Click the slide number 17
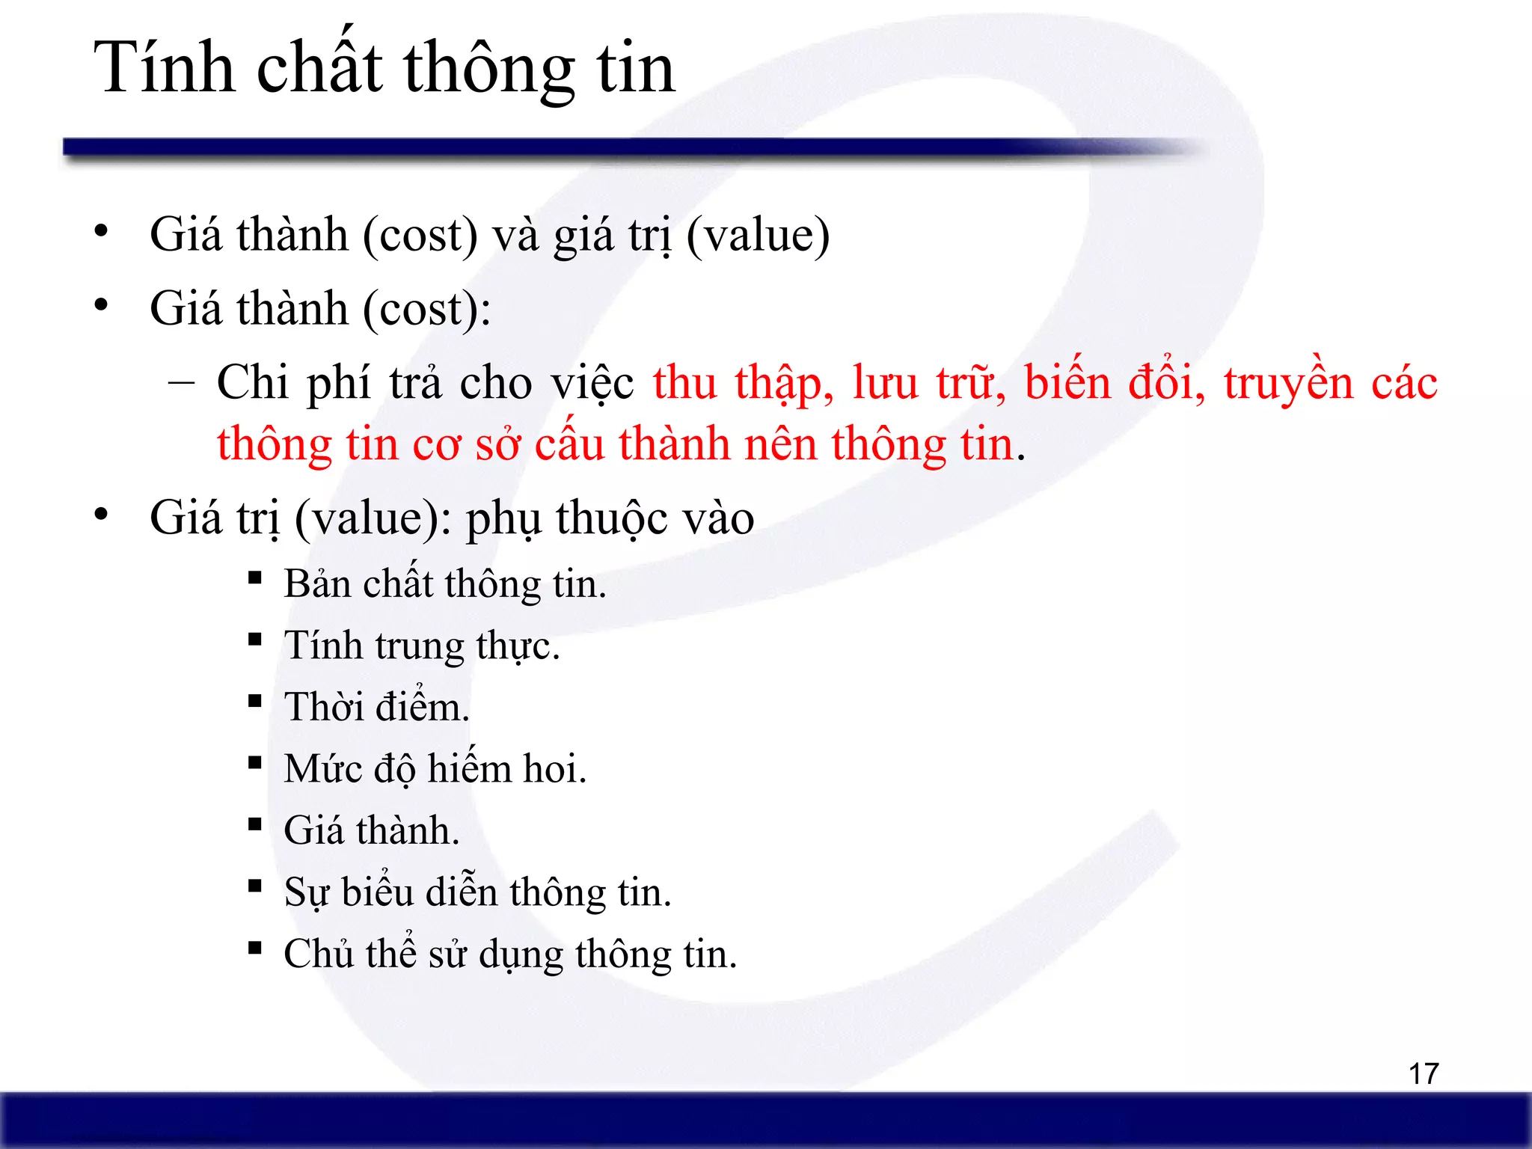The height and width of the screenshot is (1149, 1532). pyautogui.click(x=1423, y=1074)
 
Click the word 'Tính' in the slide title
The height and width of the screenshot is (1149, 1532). pyautogui.click(x=164, y=68)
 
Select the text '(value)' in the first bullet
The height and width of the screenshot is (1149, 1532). pyautogui.click(x=757, y=236)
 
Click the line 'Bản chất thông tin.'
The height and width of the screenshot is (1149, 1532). pyautogui.click(x=444, y=584)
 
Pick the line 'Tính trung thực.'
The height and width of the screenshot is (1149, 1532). pyautogui.click(x=421, y=646)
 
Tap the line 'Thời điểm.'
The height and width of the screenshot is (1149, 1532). pyautogui.click(x=376, y=707)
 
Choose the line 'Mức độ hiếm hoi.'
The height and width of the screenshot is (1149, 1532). pyautogui.click(x=435, y=769)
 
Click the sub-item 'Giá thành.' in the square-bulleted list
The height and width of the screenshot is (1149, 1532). pyautogui.click(x=371, y=830)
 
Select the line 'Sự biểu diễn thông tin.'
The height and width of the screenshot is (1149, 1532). pyautogui.click(x=477, y=892)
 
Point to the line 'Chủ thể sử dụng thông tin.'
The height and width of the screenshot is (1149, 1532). pyautogui.click(x=510, y=955)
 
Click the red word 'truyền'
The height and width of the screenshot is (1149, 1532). pyautogui.click(x=1288, y=383)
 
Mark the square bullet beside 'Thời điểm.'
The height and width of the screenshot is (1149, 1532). pyautogui.click(x=255, y=701)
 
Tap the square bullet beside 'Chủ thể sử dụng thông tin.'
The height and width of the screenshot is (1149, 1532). pyautogui.click(x=255, y=948)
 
